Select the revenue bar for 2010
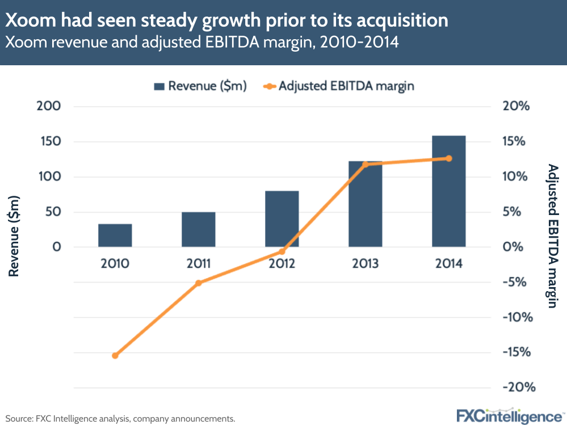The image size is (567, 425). (x=115, y=235)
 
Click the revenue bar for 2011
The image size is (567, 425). (x=198, y=230)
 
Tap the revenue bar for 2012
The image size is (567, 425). (x=282, y=219)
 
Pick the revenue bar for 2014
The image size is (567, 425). (x=448, y=191)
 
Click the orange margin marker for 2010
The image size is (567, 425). (x=115, y=356)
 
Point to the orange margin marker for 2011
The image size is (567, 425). (x=198, y=283)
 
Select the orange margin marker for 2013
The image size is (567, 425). (x=365, y=165)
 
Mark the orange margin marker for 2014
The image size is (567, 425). (x=448, y=158)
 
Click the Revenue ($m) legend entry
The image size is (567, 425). (x=200, y=86)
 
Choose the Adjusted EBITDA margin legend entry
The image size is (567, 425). (x=339, y=86)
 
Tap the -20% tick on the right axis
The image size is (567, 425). (x=518, y=388)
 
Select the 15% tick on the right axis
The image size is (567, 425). (x=516, y=142)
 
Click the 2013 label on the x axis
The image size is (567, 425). (x=365, y=263)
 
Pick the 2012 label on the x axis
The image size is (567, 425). (x=282, y=263)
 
